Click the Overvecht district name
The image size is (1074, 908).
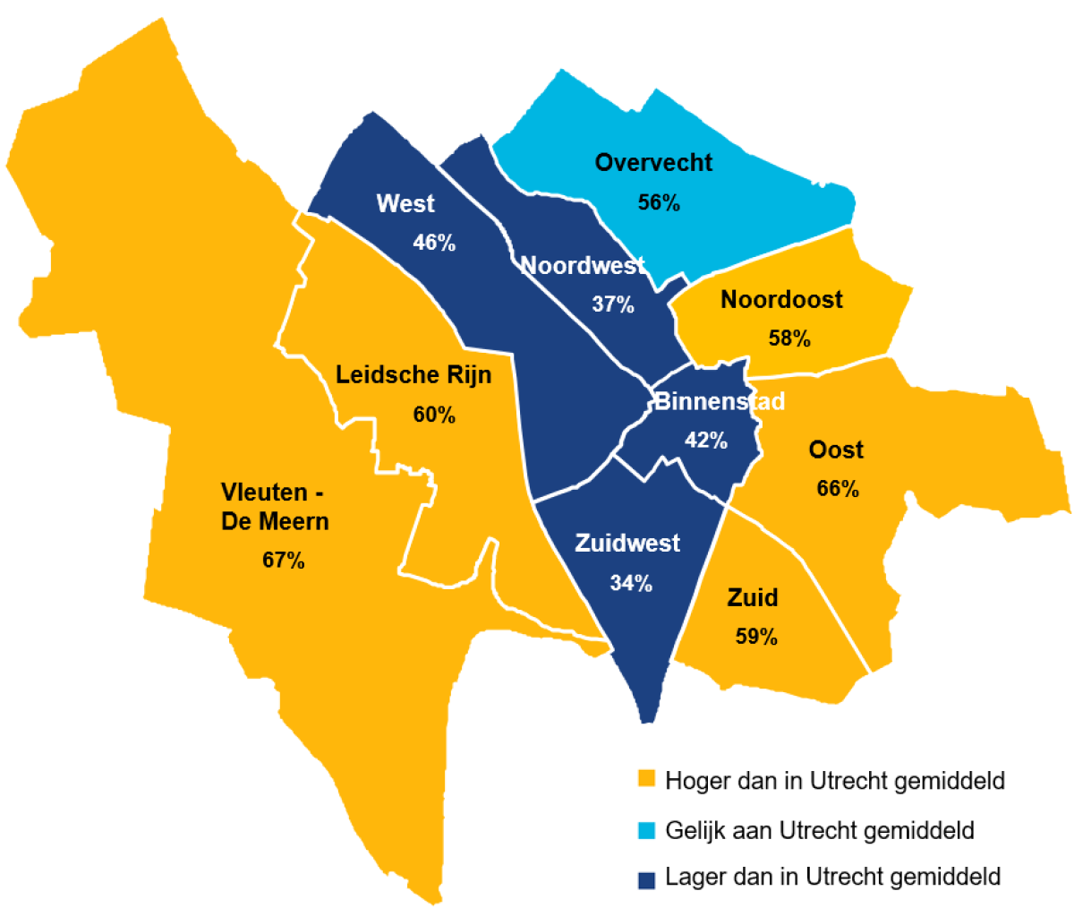pyautogui.click(x=653, y=163)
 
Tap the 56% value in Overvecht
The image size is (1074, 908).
pyautogui.click(x=659, y=202)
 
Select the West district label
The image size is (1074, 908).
pyautogui.click(x=405, y=203)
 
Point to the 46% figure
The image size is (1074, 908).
pyautogui.click(x=434, y=243)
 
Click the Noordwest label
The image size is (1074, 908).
pyautogui.click(x=583, y=265)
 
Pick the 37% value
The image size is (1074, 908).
pyautogui.click(x=613, y=304)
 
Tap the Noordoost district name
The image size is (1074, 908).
pyautogui.click(x=781, y=299)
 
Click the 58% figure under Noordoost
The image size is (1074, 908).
pyautogui.click(x=789, y=338)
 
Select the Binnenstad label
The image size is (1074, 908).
pyautogui.click(x=720, y=401)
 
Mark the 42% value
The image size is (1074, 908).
pyautogui.click(x=706, y=441)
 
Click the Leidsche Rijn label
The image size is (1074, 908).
pyautogui.click(x=413, y=374)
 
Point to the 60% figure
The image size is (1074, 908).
pyautogui.click(x=434, y=415)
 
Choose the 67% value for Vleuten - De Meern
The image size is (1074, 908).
pyautogui.click(x=284, y=561)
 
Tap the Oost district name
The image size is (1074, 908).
pyautogui.click(x=836, y=450)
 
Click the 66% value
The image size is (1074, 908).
pyautogui.click(x=838, y=489)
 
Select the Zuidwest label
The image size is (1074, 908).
pyautogui.click(x=627, y=544)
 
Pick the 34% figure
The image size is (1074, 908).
pyautogui.click(x=631, y=583)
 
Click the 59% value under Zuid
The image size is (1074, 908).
pyautogui.click(x=756, y=637)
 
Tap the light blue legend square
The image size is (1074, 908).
pyautogui.click(x=646, y=830)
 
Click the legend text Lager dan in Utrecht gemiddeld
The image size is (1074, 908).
pyautogui.click(x=832, y=877)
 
